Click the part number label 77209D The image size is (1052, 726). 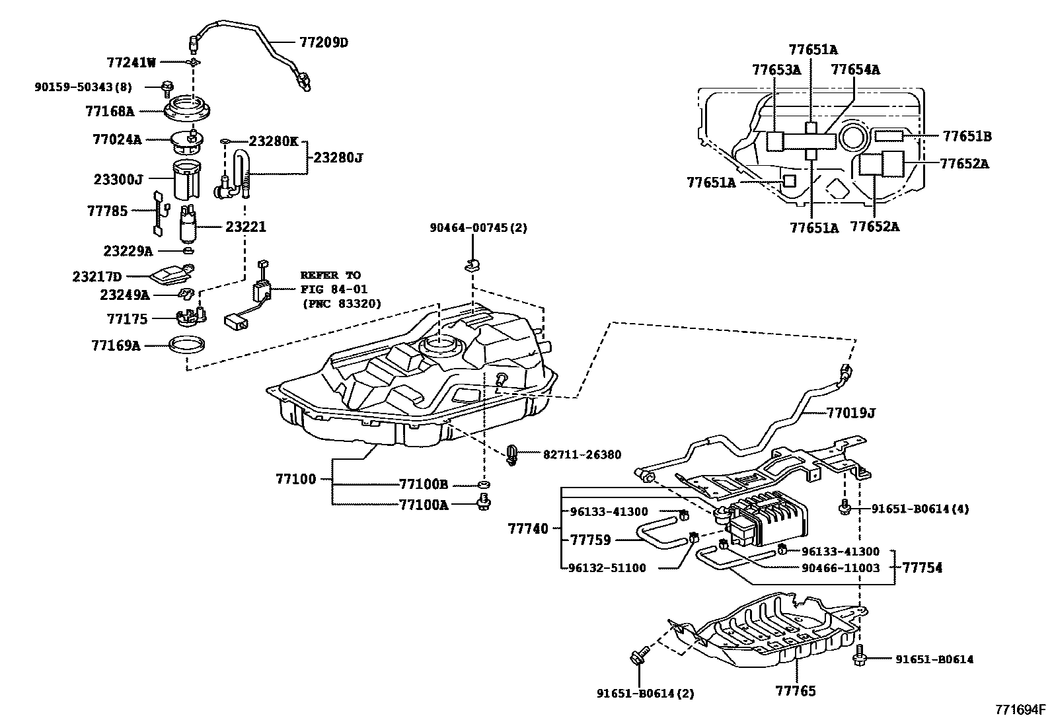pyautogui.click(x=324, y=43)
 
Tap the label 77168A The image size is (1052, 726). pyautogui.click(x=110, y=111)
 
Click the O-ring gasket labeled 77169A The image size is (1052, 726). pyautogui.click(x=187, y=345)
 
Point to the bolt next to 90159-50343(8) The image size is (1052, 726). pyautogui.click(x=167, y=87)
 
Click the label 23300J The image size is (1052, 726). pyautogui.click(x=118, y=180)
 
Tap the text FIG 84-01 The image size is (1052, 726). pyautogui.click(x=334, y=289)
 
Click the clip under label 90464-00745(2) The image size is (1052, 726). pyautogui.click(x=472, y=266)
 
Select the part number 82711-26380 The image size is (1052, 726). pyautogui.click(x=582, y=454)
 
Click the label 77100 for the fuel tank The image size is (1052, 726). pyautogui.click(x=296, y=479)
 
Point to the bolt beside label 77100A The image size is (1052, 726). pyautogui.click(x=484, y=502)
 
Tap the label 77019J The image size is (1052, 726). pyautogui.click(x=851, y=413)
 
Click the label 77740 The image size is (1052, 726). pyautogui.click(x=528, y=528)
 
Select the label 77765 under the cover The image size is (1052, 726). pyautogui.click(x=796, y=691)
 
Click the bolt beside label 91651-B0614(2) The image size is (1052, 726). pyautogui.click(x=639, y=655)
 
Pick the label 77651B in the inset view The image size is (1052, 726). pyautogui.click(x=967, y=136)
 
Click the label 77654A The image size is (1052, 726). pyautogui.click(x=856, y=69)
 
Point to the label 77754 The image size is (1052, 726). pyautogui.click(x=922, y=567)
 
